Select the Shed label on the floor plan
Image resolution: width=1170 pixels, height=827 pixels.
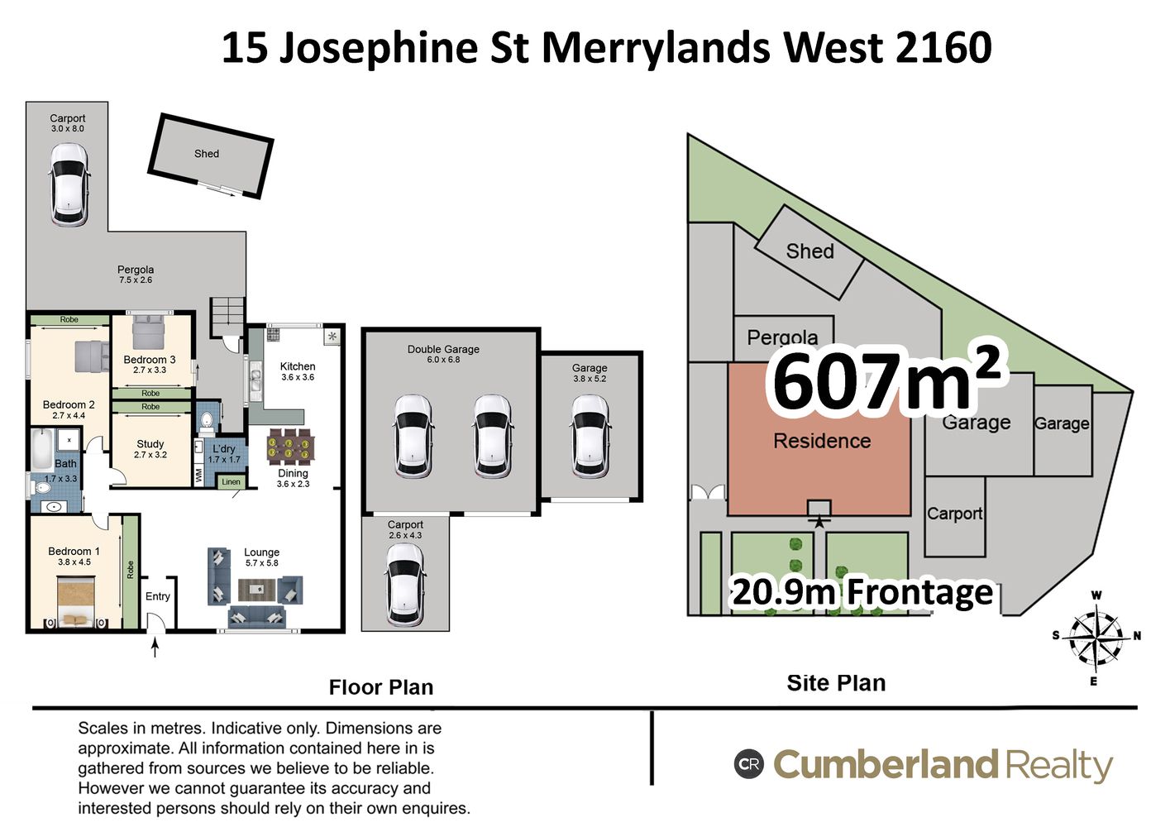[x=207, y=154]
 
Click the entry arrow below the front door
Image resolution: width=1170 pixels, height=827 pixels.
[x=155, y=648]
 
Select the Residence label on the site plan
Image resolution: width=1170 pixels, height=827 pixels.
[x=822, y=441]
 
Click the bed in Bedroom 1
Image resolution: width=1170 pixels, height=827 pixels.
[x=76, y=601]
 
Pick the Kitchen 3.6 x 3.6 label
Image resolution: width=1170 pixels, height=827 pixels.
[x=298, y=371]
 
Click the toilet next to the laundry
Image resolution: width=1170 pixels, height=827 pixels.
[x=207, y=422]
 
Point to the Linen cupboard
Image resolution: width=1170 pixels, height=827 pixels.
[x=231, y=481]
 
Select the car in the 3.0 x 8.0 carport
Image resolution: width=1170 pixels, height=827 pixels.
[x=69, y=185]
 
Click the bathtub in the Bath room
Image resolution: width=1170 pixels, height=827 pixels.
[x=41, y=450]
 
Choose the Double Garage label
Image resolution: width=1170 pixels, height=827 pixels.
[x=443, y=349]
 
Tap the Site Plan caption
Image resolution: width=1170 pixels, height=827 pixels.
[x=836, y=683]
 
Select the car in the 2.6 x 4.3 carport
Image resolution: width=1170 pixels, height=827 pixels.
[x=404, y=585]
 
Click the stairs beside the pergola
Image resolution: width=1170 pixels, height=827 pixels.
[x=227, y=317]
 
